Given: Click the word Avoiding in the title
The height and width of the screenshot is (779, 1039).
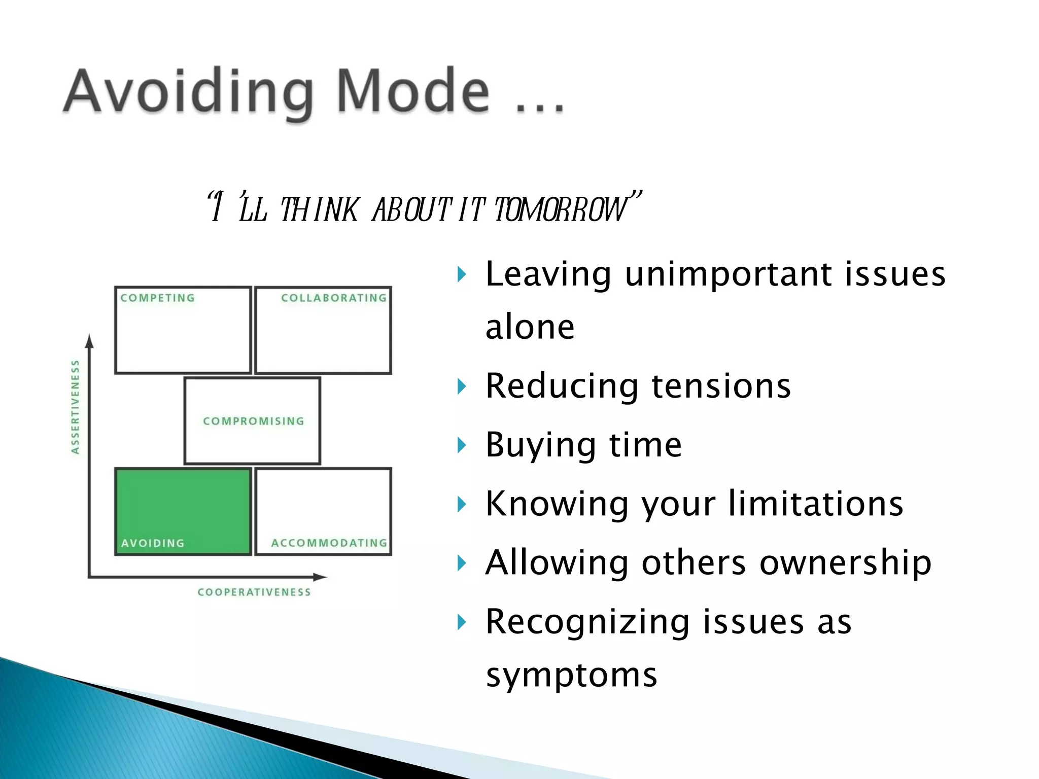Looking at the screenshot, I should click(x=188, y=91).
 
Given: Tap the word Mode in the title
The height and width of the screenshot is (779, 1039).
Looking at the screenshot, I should click(x=413, y=91).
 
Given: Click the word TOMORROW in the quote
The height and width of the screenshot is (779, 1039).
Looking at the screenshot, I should click(x=561, y=209).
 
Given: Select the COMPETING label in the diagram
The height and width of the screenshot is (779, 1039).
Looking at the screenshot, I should click(x=158, y=298).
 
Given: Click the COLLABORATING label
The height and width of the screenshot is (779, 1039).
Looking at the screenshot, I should click(x=334, y=298).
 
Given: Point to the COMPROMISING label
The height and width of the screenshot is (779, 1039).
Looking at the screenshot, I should click(x=253, y=421).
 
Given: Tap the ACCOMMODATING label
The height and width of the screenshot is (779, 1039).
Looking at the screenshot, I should click(x=329, y=543).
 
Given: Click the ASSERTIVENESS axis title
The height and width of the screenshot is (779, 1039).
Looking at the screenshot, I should click(x=75, y=407).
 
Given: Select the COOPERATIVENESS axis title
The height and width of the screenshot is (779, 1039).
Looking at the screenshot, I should click(x=254, y=592).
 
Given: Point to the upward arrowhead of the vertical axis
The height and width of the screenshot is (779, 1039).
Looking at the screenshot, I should click(x=90, y=341).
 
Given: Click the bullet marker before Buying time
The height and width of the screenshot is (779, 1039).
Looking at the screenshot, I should click(x=461, y=446).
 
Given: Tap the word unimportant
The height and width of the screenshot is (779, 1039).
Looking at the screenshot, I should click(x=728, y=274).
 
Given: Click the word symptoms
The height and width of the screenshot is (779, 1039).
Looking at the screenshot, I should click(x=571, y=675).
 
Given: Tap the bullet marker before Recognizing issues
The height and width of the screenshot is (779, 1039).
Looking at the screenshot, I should click(x=461, y=622).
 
